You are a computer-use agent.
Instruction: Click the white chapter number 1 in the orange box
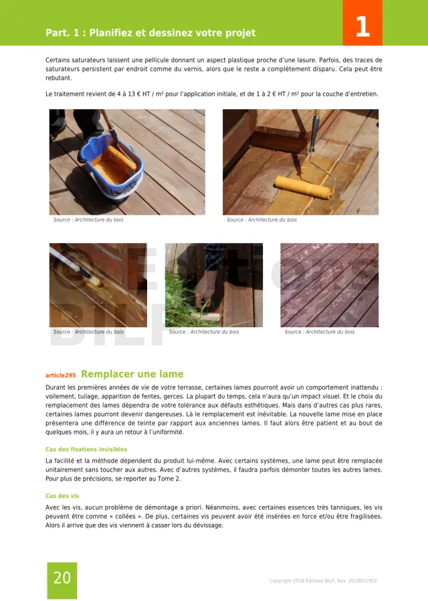(x=362, y=26)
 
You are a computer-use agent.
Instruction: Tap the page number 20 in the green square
(x=62, y=578)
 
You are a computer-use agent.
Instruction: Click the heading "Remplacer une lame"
(x=132, y=374)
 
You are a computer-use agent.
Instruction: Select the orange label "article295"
(x=60, y=375)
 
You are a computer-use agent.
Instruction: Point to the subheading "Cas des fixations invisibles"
(x=86, y=449)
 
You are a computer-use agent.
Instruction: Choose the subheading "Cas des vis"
(x=62, y=496)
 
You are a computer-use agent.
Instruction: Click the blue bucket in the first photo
(x=114, y=167)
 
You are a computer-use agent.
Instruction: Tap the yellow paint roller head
(x=304, y=187)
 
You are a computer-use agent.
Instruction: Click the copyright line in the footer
(x=323, y=581)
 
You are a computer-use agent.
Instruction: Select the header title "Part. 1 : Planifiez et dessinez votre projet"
(x=150, y=33)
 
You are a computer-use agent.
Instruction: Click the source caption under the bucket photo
(x=88, y=220)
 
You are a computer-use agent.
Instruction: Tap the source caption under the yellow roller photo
(x=261, y=220)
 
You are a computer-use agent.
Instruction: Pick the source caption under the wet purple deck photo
(x=319, y=332)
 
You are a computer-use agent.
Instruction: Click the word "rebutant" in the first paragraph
(x=58, y=78)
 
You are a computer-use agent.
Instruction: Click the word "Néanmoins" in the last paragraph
(x=160, y=507)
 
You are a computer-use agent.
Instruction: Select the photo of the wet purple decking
(x=329, y=285)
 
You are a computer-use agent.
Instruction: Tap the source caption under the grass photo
(x=204, y=332)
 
